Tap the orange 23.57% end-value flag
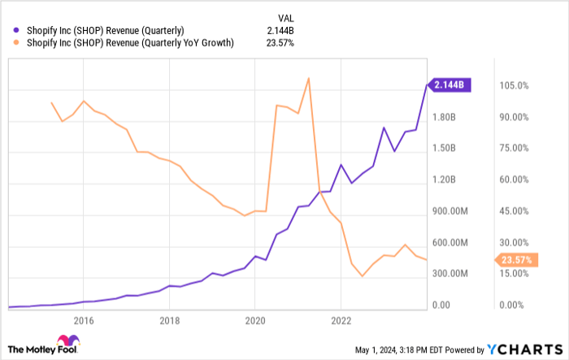point(516,260)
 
